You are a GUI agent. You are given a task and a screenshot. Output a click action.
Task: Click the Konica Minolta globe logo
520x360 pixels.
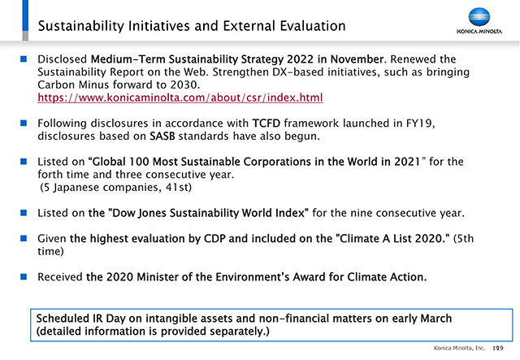479,17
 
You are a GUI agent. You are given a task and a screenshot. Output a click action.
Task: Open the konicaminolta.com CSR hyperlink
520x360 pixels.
180,98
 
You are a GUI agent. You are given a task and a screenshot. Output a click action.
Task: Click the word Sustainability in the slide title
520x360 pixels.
80,26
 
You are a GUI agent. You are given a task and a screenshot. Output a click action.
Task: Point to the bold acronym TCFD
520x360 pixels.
266,124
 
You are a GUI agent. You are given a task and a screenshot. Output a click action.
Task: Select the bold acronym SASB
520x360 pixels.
162,136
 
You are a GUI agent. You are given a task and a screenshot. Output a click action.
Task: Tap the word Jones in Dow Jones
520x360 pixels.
152,213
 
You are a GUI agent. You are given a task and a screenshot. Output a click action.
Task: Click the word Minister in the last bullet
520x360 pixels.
158,277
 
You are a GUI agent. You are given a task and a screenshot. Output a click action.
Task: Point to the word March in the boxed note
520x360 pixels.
435,319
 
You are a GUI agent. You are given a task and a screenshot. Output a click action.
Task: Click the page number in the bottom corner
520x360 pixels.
498,348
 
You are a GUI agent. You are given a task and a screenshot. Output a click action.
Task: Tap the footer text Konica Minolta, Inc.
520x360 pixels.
459,348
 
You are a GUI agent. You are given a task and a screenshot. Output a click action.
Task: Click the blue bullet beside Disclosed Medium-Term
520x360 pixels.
24,59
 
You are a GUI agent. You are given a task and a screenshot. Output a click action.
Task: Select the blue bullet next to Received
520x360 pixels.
24,277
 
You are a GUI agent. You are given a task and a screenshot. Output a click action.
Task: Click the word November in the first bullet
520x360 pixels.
357,59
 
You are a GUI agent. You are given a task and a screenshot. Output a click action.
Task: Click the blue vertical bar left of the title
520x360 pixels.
25,15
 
